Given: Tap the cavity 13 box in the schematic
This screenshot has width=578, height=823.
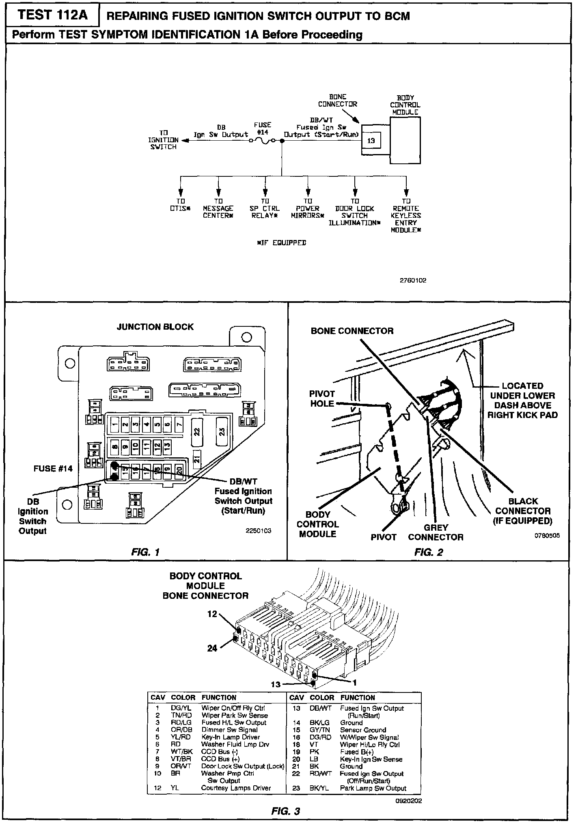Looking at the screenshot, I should click(371, 141).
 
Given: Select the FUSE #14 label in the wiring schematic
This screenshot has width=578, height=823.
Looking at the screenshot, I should click(262, 128).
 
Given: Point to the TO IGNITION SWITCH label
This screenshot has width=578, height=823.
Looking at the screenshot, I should click(163, 140).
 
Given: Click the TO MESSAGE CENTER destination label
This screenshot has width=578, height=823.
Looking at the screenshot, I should click(218, 208).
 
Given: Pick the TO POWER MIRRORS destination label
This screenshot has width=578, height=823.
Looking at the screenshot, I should click(308, 208).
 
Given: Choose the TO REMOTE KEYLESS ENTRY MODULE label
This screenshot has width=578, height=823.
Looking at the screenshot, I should click(406, 215).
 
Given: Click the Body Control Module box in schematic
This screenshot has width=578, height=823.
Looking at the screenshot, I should click(405, 140).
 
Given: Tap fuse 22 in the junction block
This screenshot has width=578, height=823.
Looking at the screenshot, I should click(197, 431).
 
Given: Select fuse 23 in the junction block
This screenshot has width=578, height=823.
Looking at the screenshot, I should click(222, 431).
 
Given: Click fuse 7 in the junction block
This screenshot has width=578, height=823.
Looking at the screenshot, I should click(178, 425).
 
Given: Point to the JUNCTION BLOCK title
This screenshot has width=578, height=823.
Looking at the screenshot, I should click(155, 327).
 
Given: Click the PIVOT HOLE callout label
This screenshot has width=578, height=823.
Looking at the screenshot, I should click(322, 399).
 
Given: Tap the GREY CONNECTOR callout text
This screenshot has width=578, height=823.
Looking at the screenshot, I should click(436, 532).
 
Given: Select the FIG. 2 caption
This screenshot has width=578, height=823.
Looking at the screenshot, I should click(429, 552).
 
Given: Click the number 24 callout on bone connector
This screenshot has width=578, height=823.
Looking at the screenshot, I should click(212, 648).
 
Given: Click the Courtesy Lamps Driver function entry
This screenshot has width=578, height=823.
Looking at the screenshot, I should click(236, 788).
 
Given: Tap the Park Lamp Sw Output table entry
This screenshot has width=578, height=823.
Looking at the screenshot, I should click(373, 788).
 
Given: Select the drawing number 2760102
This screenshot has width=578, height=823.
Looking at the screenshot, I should click(413, 280).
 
